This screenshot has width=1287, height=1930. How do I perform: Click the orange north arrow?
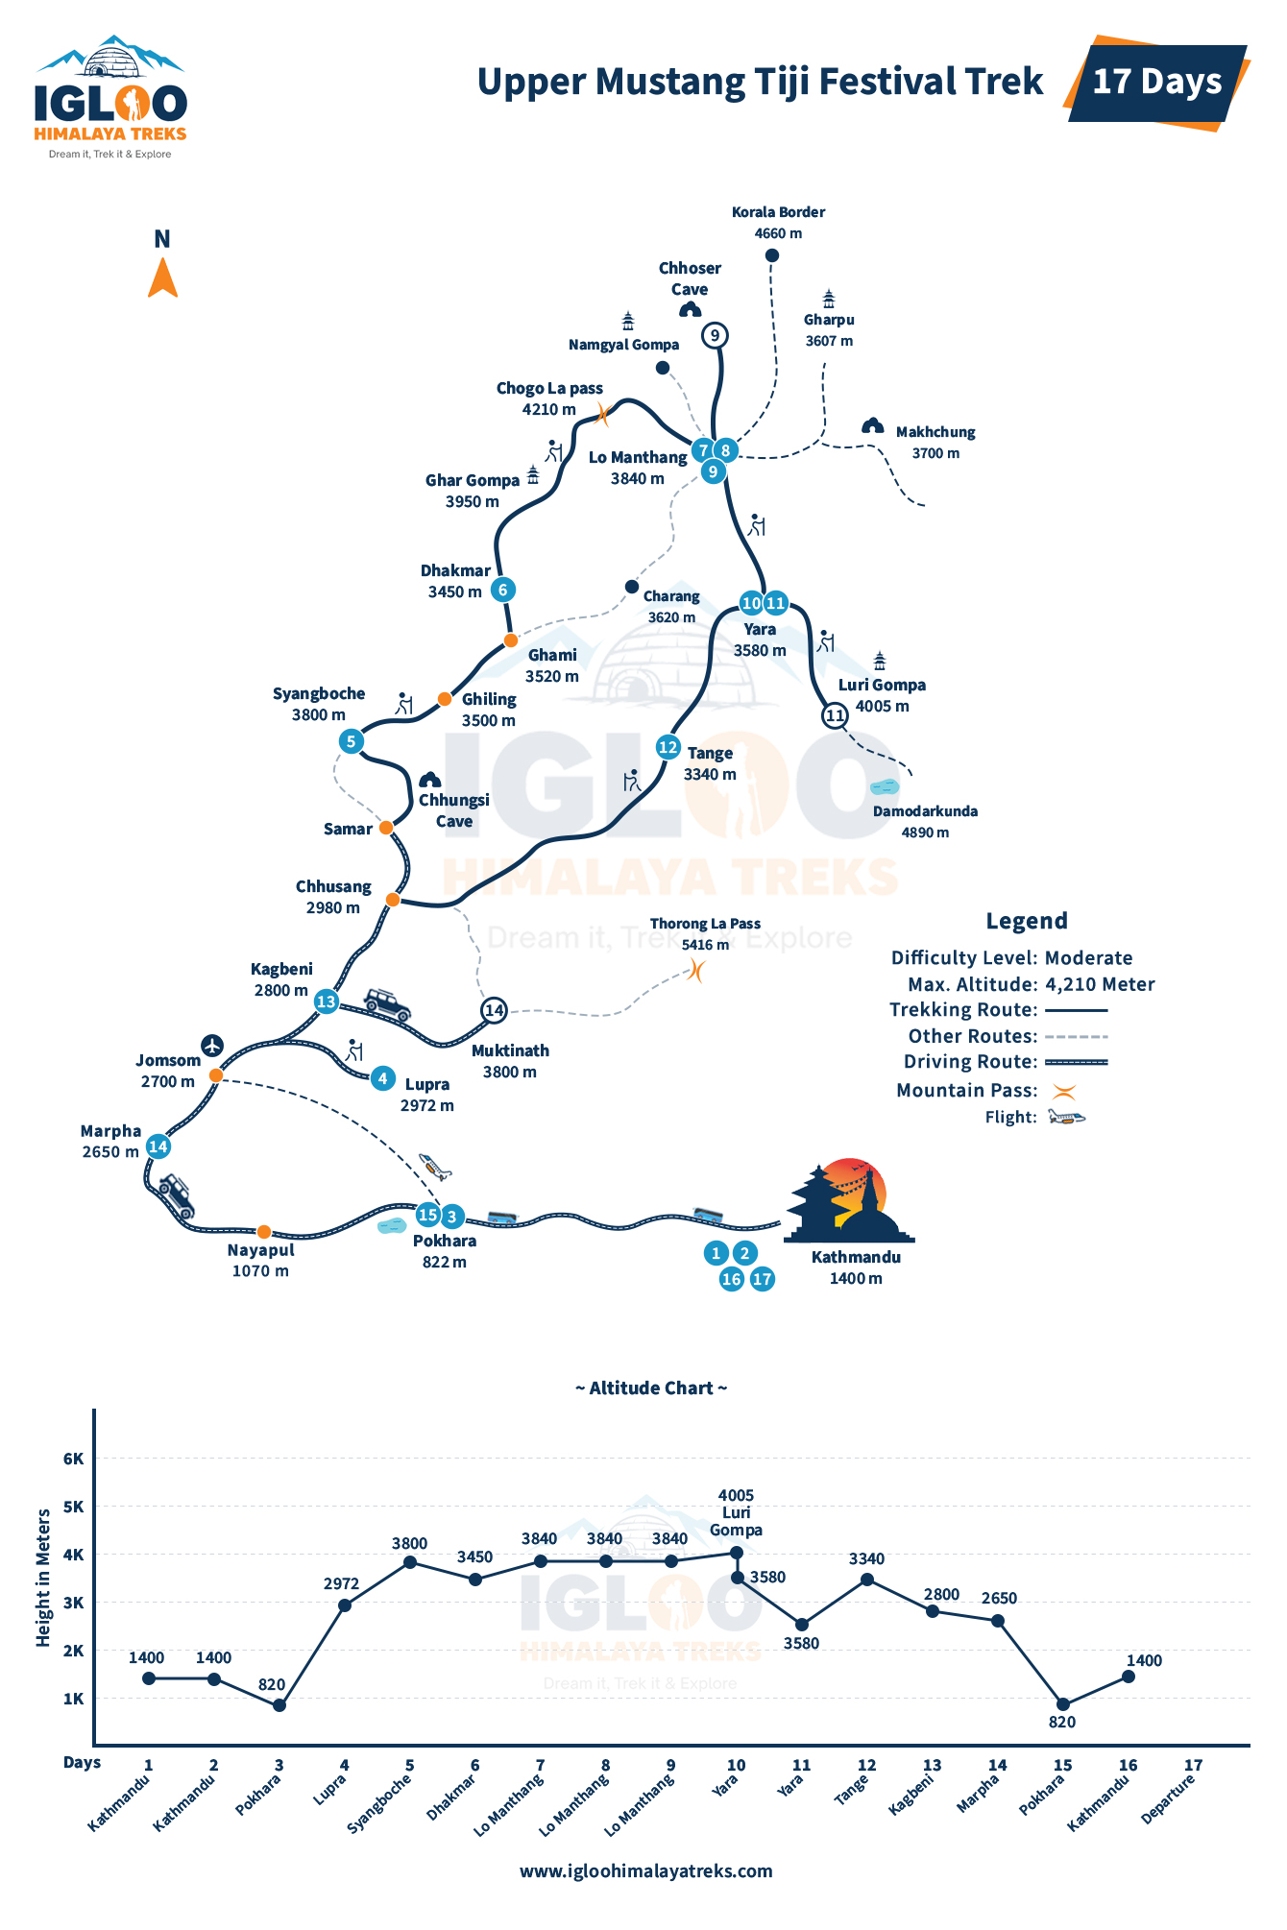pos(162,277)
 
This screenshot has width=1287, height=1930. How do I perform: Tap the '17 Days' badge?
pos(1157,82)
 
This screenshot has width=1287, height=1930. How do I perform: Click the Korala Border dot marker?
pos(771,255)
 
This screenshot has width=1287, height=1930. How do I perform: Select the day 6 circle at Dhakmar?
pos(502,590)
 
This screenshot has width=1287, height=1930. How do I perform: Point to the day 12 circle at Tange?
pos(668,747)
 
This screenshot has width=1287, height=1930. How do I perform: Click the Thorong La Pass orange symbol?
pos(696,972)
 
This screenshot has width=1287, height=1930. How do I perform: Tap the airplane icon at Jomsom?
pos(212,1045)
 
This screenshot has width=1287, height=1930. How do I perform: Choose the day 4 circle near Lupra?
pos(382,1078)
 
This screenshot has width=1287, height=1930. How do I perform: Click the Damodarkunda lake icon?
pos(884,787)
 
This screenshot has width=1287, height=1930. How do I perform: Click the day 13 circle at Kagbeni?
pos(327,1001)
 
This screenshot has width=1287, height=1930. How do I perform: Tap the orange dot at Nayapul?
pos(264,1232)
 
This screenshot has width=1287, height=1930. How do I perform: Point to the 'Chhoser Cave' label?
pos(690,278)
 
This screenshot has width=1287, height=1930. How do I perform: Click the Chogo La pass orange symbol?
pos(602,414)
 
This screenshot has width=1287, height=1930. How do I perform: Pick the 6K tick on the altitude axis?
pos(74,1459)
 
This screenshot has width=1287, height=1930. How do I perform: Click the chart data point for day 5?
pos(410,1562)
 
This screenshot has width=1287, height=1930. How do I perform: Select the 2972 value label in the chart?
pos(341,1584)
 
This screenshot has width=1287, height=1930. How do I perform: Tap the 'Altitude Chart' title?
pos(651,1388)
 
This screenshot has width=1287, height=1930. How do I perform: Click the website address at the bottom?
pos(646,1870)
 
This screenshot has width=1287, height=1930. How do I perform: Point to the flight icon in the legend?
pos(1066,1117)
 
